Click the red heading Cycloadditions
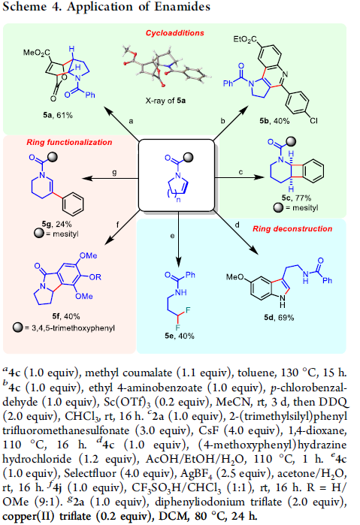pos(174,33)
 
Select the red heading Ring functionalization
pos(69,142)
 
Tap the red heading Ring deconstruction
pos(292,228)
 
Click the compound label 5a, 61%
pos(58,115)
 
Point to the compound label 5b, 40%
pos(275,121)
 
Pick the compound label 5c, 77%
pos(296,198)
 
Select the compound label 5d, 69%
pos(279,318)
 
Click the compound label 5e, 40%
pos(180,336)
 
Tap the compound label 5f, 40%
pos(66,316)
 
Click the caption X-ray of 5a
pos(165,101)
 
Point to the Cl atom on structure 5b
pos(313,120)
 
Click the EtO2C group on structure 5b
pos(245,40)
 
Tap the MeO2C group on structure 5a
pos(37,53)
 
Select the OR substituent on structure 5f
pos(95,277)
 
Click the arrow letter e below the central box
pos(172,236)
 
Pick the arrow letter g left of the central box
pos(115,173)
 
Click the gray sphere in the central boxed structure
pos(189,157)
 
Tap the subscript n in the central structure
pos(179,201)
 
